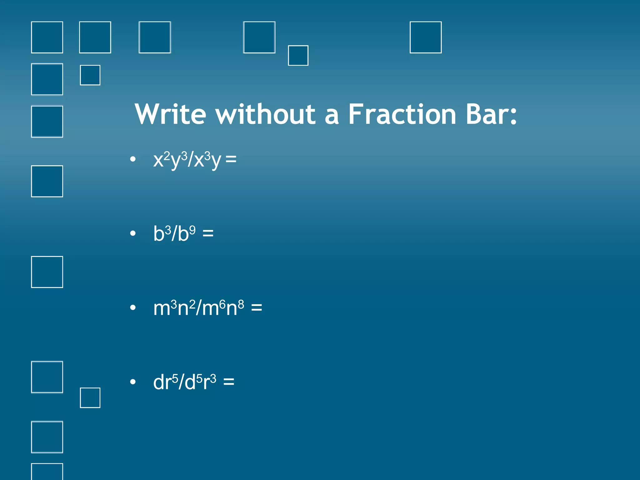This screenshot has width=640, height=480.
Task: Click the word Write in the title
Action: [170, 114]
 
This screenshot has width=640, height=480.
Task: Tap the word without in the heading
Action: [266, 114]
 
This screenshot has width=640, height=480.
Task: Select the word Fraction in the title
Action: [402, 114]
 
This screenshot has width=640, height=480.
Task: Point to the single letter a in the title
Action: [332, 116]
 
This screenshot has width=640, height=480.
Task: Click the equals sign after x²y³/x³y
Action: [231, 159]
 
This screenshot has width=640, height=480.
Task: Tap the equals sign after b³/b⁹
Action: [208, 233]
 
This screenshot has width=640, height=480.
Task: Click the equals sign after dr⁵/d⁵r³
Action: [229, 382]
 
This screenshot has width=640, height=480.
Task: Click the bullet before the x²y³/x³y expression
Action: [133, 159]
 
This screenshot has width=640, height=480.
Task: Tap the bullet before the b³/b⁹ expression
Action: [133, 233]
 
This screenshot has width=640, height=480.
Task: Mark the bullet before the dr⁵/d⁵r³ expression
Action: [133, 382]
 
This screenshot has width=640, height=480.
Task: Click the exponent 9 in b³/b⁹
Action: [192, 230]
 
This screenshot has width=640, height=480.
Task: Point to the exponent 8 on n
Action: [241, 304]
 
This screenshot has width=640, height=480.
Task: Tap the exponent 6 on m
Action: [222, 304]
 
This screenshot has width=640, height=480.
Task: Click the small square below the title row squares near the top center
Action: [298, 56]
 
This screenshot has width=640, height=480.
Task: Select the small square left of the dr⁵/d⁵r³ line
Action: [90, 397]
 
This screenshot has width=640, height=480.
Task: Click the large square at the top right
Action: [425, 37]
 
